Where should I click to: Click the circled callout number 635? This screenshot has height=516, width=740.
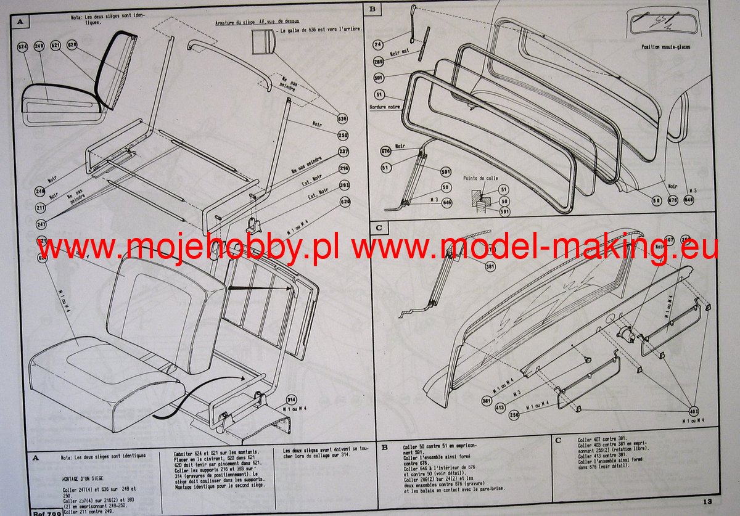342,118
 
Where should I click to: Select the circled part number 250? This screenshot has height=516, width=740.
342,135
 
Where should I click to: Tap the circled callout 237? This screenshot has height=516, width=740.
344,152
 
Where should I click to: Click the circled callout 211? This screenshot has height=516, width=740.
41,208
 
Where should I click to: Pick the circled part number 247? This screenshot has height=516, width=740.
41,224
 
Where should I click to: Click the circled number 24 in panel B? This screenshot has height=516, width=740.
378,44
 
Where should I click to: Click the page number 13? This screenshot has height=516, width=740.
707,502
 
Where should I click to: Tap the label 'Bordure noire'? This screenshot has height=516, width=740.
386,107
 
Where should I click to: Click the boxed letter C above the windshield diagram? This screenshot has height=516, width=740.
379,227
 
